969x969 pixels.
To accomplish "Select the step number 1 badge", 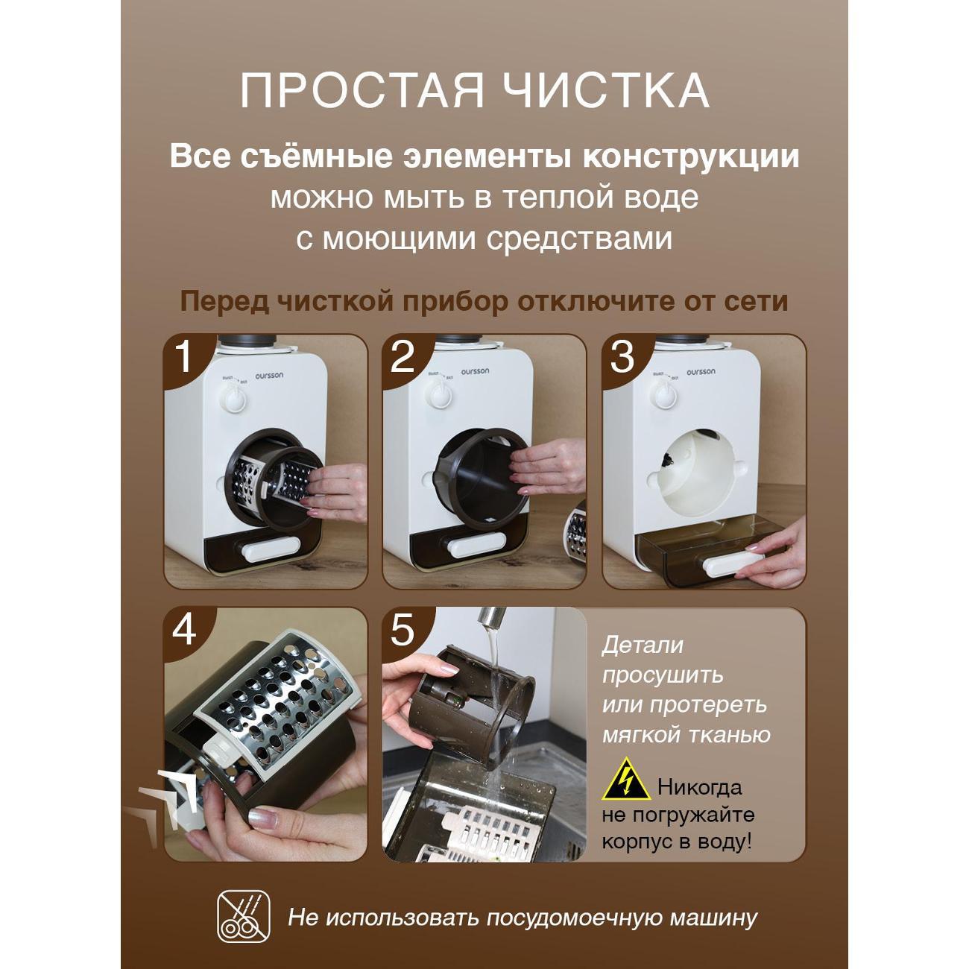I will pyautogui.click(x=183, y=356).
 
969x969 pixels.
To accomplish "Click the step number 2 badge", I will pyautogui.click(x=403, y=356).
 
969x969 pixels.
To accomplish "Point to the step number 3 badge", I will pyautogui.click(x=622, y=356).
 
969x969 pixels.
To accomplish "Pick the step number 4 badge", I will pyautogui.click(x=184, y=631).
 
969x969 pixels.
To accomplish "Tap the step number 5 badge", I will pyautogui.click(x=403, y=631).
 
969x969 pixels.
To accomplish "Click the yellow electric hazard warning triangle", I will pyautogui.click(x=625, y=782).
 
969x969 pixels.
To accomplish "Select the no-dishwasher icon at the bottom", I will pyautogui.click(x=240, y=916).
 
